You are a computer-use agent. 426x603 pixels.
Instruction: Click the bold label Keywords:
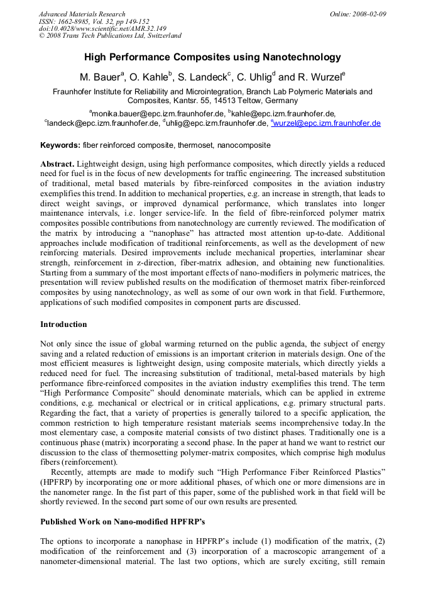pos(60,145)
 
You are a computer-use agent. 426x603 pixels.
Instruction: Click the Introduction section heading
pos(63,324)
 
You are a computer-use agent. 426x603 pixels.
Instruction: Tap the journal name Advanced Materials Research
pos(82,14)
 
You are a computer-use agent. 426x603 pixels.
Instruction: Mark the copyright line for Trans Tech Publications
pos(110,36)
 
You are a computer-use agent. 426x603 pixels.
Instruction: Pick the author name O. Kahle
pos(150,77)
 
